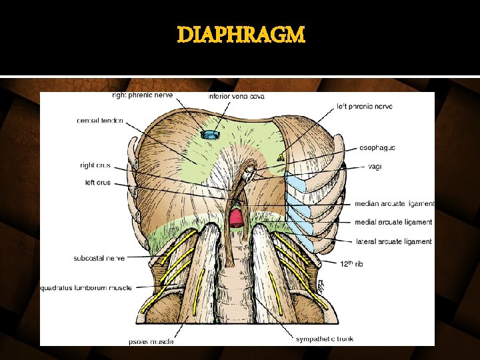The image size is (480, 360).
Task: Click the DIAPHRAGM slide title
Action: (241, 35)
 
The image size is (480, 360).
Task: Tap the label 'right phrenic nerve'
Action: (142, 95)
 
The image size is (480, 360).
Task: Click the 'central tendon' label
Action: (99, 121)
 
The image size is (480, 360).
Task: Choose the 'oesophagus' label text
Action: (379, 148)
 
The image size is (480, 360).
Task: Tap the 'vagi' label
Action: (375, 167)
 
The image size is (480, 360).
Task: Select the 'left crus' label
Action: (98, 182)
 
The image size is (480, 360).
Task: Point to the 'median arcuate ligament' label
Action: (394, 204)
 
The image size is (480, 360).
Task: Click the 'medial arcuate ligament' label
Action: (393, 222)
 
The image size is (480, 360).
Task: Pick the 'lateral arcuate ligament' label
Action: (393, 241)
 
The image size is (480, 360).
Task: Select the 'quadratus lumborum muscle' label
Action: (86, 288)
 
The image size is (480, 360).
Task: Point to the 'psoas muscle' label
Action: (151, 341)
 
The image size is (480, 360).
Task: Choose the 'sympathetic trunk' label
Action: (325, 339)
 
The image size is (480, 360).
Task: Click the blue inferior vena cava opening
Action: (211, 135)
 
